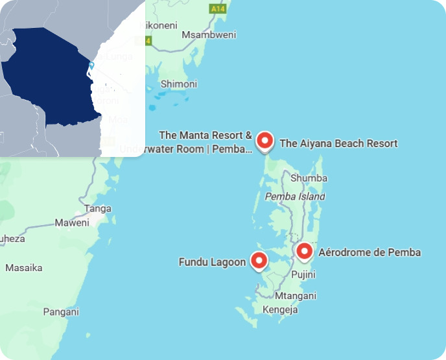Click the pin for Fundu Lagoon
(x=259, y=261)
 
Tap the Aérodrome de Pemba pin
(x=304, y=252)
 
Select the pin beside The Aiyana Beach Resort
(x=264, y=140)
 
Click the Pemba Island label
(x=295, y=196)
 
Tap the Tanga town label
(x=99, y=208)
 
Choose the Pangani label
(x=61, y=312)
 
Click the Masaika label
(x=24, y=267)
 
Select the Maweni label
(x=72, y=223)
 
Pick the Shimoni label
(x=179, y=84)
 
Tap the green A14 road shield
(x=217, y=9)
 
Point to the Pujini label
(x=303, y=275)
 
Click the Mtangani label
(x=296, y=296)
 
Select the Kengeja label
(x=280, y=310)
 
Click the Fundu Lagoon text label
(x=212, y=262)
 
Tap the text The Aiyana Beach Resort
(x=338, y=143)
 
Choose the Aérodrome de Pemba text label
(x=370, y=252)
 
